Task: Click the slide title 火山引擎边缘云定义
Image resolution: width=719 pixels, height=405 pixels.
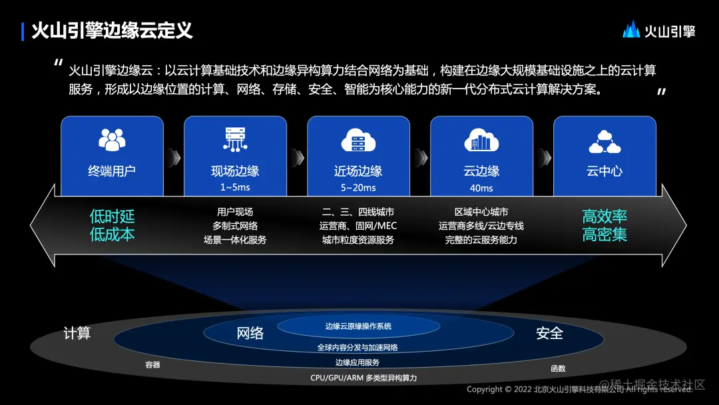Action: (x=112, y=31)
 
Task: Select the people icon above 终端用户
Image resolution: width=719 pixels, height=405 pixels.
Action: (x=112, y=140)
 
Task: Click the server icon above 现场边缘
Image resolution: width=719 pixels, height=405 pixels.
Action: (x=235, y=139)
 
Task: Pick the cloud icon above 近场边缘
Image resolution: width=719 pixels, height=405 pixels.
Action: (x=358, y=140)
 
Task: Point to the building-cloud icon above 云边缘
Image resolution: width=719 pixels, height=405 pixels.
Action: (x=481, y=140)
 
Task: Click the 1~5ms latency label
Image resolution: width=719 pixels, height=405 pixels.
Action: (x=235, y=188)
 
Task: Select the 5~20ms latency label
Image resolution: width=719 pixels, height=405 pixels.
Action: (x=358, y=188)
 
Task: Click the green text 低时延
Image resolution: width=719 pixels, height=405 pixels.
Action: (x=112, y=216)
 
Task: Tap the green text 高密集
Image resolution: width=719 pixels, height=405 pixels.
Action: (x=604, y=234)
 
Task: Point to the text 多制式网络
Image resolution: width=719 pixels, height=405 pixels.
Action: (x=235, y=226)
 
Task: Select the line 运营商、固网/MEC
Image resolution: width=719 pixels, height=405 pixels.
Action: (x=358, y=226)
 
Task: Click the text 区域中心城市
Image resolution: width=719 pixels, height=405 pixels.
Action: (x=481, y=212)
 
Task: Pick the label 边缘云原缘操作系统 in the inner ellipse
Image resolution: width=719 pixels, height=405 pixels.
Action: (x=358, y=326)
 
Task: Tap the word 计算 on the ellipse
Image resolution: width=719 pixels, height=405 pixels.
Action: (x=77, y=333)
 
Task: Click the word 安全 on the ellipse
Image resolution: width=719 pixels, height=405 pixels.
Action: (x=549, y=333)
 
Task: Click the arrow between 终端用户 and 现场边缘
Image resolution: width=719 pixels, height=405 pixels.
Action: (x=174, y=157)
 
